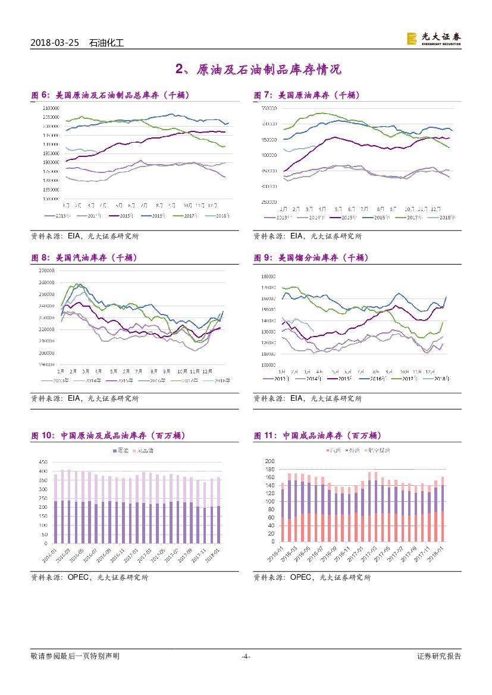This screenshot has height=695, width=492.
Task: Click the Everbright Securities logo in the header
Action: tap(433, 38)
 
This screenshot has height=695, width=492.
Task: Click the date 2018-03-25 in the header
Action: tap(54, 43)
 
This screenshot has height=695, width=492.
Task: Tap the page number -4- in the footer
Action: tap(246, 656)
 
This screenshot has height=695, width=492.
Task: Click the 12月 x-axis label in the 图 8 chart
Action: tap(208, 370)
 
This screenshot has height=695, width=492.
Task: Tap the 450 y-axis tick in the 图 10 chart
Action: tap(42, 462)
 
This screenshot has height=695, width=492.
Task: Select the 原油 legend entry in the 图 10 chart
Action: tap(120, 451)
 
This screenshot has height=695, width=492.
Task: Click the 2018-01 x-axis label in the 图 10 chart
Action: tap(213, 554)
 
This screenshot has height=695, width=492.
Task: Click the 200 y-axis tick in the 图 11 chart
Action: tap(269, 461)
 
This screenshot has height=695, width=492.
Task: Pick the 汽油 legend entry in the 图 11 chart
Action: tap(352, 451)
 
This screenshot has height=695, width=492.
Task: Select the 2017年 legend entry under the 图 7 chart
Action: tap(411, 218)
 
